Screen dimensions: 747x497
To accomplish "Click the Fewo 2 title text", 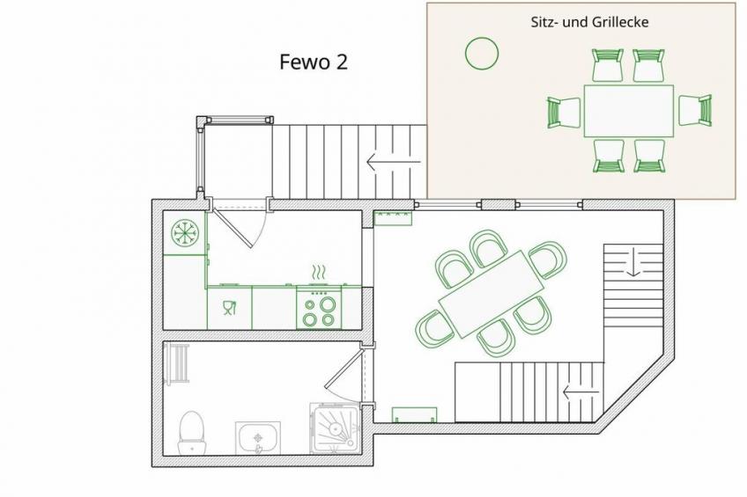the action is pyautogui.click(x=314, y=62).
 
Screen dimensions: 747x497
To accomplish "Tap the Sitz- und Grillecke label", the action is pyautogui.click(x=590, y=22).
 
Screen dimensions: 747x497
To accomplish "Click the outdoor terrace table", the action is pyautogui.click(x=629, y=111).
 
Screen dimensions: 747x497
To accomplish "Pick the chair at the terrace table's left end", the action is pyautogui.click(x=564, y=113).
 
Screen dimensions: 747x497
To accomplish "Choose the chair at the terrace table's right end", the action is pyautogui.click(x=695, y=110).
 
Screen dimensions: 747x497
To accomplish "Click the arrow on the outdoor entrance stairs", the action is pyautogui.click(x=394, y=162).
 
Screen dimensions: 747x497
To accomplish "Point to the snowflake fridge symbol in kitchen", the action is pyautogui.click(x=185, y=233).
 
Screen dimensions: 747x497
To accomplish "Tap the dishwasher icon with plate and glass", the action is pyautogui.click(x=230, y=308).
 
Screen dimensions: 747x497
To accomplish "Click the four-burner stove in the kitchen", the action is pyautogui.click(x=319, y=307).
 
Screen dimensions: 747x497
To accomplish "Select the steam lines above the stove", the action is pyautogui.click(x=319, y=273).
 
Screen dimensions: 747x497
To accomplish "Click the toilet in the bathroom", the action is pyautogui.click(x=191, y=433).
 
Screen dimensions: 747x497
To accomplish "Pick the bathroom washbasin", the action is pyautogui.click(x=258, y=438).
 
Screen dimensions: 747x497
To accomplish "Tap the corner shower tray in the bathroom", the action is pyautogui.click(x=336, y=428).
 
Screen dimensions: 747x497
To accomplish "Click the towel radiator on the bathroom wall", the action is pyautogui.click(x=176, y=363).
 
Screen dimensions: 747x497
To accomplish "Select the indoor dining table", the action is pyautogui.click(x=491, y=294).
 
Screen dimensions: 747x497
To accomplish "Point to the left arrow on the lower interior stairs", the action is pyautogui.click(x=581, y=393).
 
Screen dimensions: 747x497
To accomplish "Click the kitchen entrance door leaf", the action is pyautogui.click(x=232, y=228).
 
